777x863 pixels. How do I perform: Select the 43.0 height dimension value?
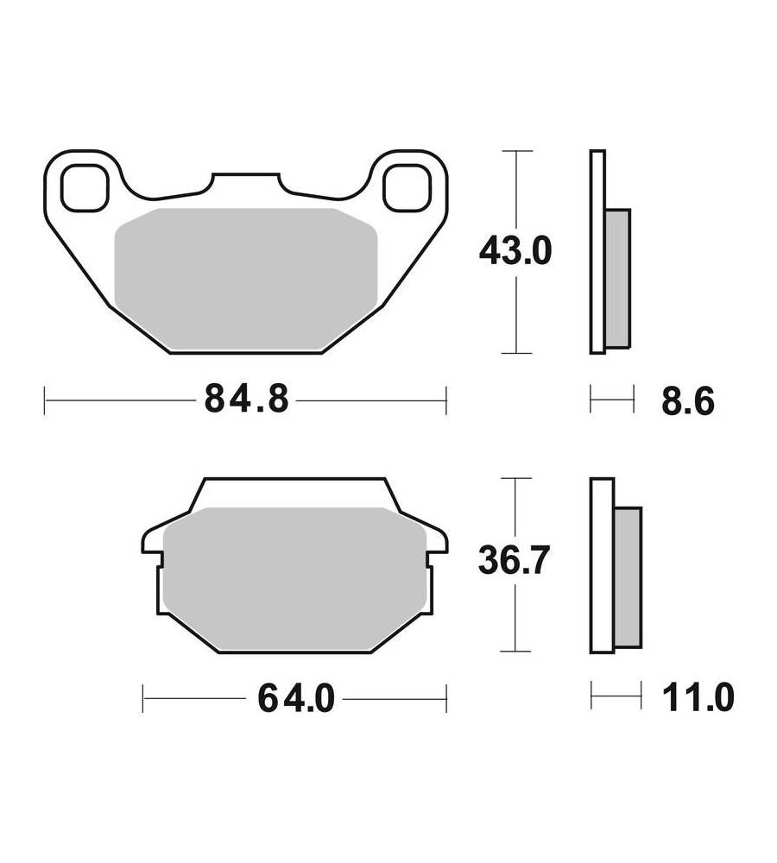tap(515, 251)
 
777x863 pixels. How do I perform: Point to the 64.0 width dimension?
tap(296, 698)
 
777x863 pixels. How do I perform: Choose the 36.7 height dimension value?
tap(514, 561)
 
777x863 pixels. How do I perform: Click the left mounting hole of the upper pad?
tap(85, 187)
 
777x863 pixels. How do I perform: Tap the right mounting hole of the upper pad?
tap(407, 187)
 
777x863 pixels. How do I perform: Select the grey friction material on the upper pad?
tap(245, 279)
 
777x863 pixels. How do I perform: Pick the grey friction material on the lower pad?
tap(295, 579)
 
